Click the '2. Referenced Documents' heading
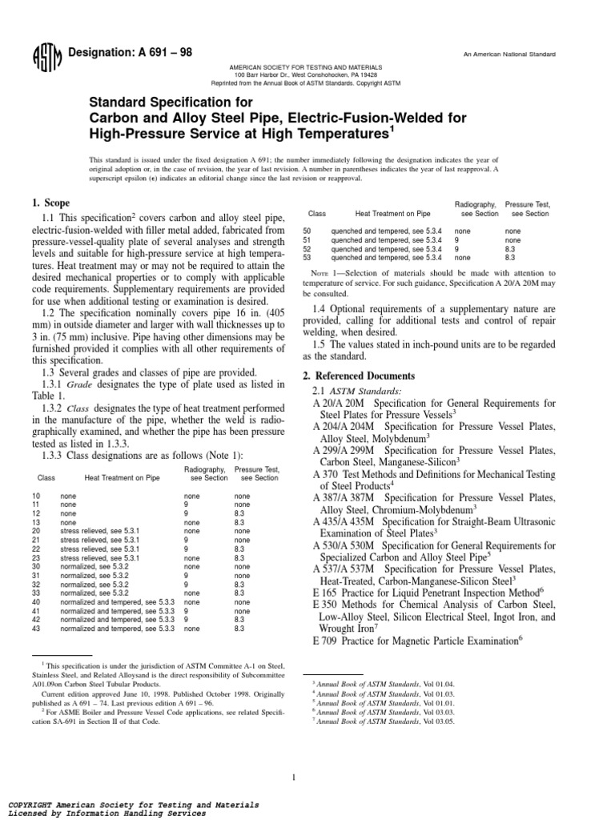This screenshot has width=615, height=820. (360, 376)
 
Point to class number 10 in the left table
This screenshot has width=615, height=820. (36, 496)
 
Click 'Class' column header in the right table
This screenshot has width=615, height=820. (318, 214)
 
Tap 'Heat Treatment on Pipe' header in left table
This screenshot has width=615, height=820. (122, 477)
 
